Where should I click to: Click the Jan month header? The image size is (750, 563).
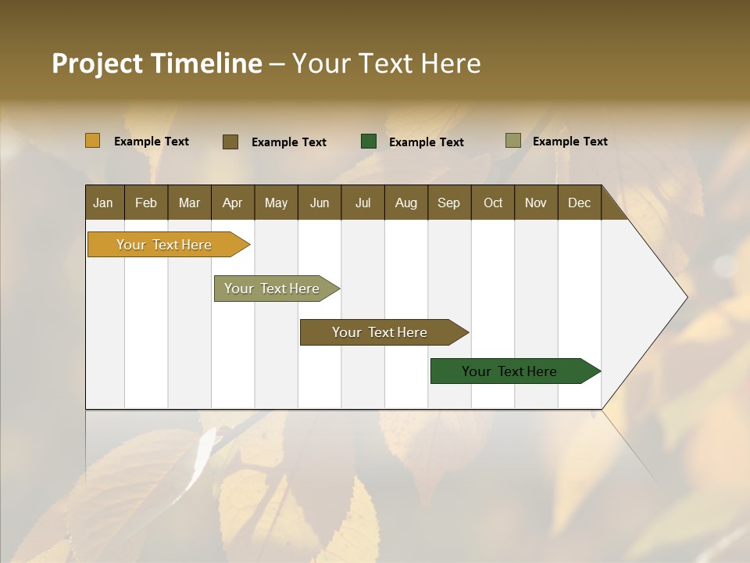(x=103, y=203)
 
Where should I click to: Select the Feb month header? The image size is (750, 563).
(x=146, y=203)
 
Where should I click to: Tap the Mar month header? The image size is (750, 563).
(x=189, y=203)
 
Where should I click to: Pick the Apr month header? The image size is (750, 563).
(x=232, y=203)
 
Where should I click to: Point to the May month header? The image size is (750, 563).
(x=276, y=203)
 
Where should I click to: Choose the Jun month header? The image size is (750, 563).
(x=320, y=203)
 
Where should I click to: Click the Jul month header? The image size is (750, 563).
(x=362, y=203)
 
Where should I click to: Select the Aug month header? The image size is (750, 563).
(x=405, y=203)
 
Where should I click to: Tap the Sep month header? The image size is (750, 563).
(x=448, y=203)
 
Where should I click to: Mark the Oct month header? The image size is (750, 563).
(x=493, y=203)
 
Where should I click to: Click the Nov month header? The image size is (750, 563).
(x=535, y=203)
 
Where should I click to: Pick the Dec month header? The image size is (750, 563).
(x=579, y=203)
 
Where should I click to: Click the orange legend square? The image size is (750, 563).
(x=92, y=141)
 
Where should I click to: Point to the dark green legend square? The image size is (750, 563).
(x=369, y=142)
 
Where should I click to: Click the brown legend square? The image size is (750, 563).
(x=230, y=142)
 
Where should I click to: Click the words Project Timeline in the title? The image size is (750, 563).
(x=156, y=63)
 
